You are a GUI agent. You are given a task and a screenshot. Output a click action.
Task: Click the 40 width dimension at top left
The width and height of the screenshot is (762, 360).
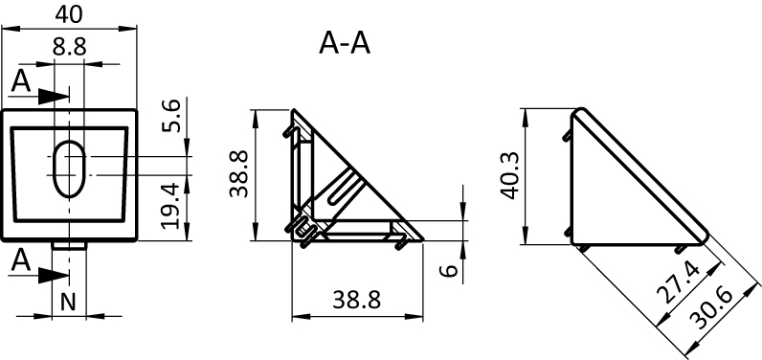(x=69, y=14)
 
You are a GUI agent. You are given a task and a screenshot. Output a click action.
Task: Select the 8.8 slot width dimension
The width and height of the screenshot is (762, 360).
(x=70, y=47)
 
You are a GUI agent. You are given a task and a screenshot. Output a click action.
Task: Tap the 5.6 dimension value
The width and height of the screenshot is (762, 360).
(x=172, y=116)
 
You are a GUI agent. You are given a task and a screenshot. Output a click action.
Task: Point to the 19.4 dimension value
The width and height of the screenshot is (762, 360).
(x=172, y=205)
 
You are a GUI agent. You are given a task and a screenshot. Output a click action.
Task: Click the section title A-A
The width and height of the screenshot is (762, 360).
(x=345, y=43)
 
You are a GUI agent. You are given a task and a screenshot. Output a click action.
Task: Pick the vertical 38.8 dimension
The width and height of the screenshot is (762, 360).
(x=239, y=174)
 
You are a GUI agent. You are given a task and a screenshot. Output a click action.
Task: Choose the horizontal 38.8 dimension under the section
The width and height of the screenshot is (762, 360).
(x=356, y=301)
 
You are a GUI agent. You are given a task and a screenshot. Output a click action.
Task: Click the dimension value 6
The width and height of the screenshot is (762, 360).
(x=450, y=270)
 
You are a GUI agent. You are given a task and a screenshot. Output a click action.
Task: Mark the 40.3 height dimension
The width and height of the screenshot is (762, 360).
(x=510, y=175)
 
